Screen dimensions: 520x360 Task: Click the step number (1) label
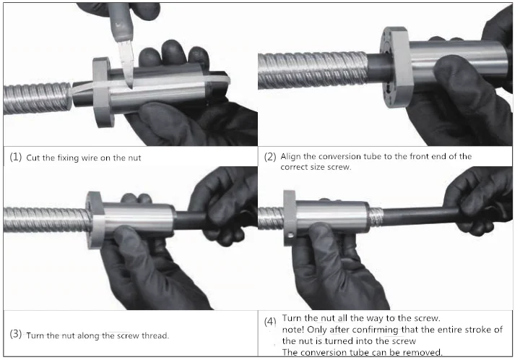[x=16, y=157]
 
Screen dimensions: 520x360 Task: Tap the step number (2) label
[x=270, y=157]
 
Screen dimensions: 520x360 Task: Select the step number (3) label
[x=16, y=334]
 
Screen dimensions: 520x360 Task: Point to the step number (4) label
[x=270, y=322]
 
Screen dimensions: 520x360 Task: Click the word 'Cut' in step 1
[x=33, y=158]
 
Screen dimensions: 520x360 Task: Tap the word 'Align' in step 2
[x=291, y=157]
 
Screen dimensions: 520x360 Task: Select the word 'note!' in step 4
[x=292, y=330]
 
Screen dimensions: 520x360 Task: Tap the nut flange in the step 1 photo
[x=102, y=92]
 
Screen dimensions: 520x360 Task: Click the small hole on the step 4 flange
[x=291, y=236]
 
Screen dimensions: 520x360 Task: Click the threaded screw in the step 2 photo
[x=313, y=70]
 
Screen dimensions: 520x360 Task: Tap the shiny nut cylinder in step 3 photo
[x=138, y=220]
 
